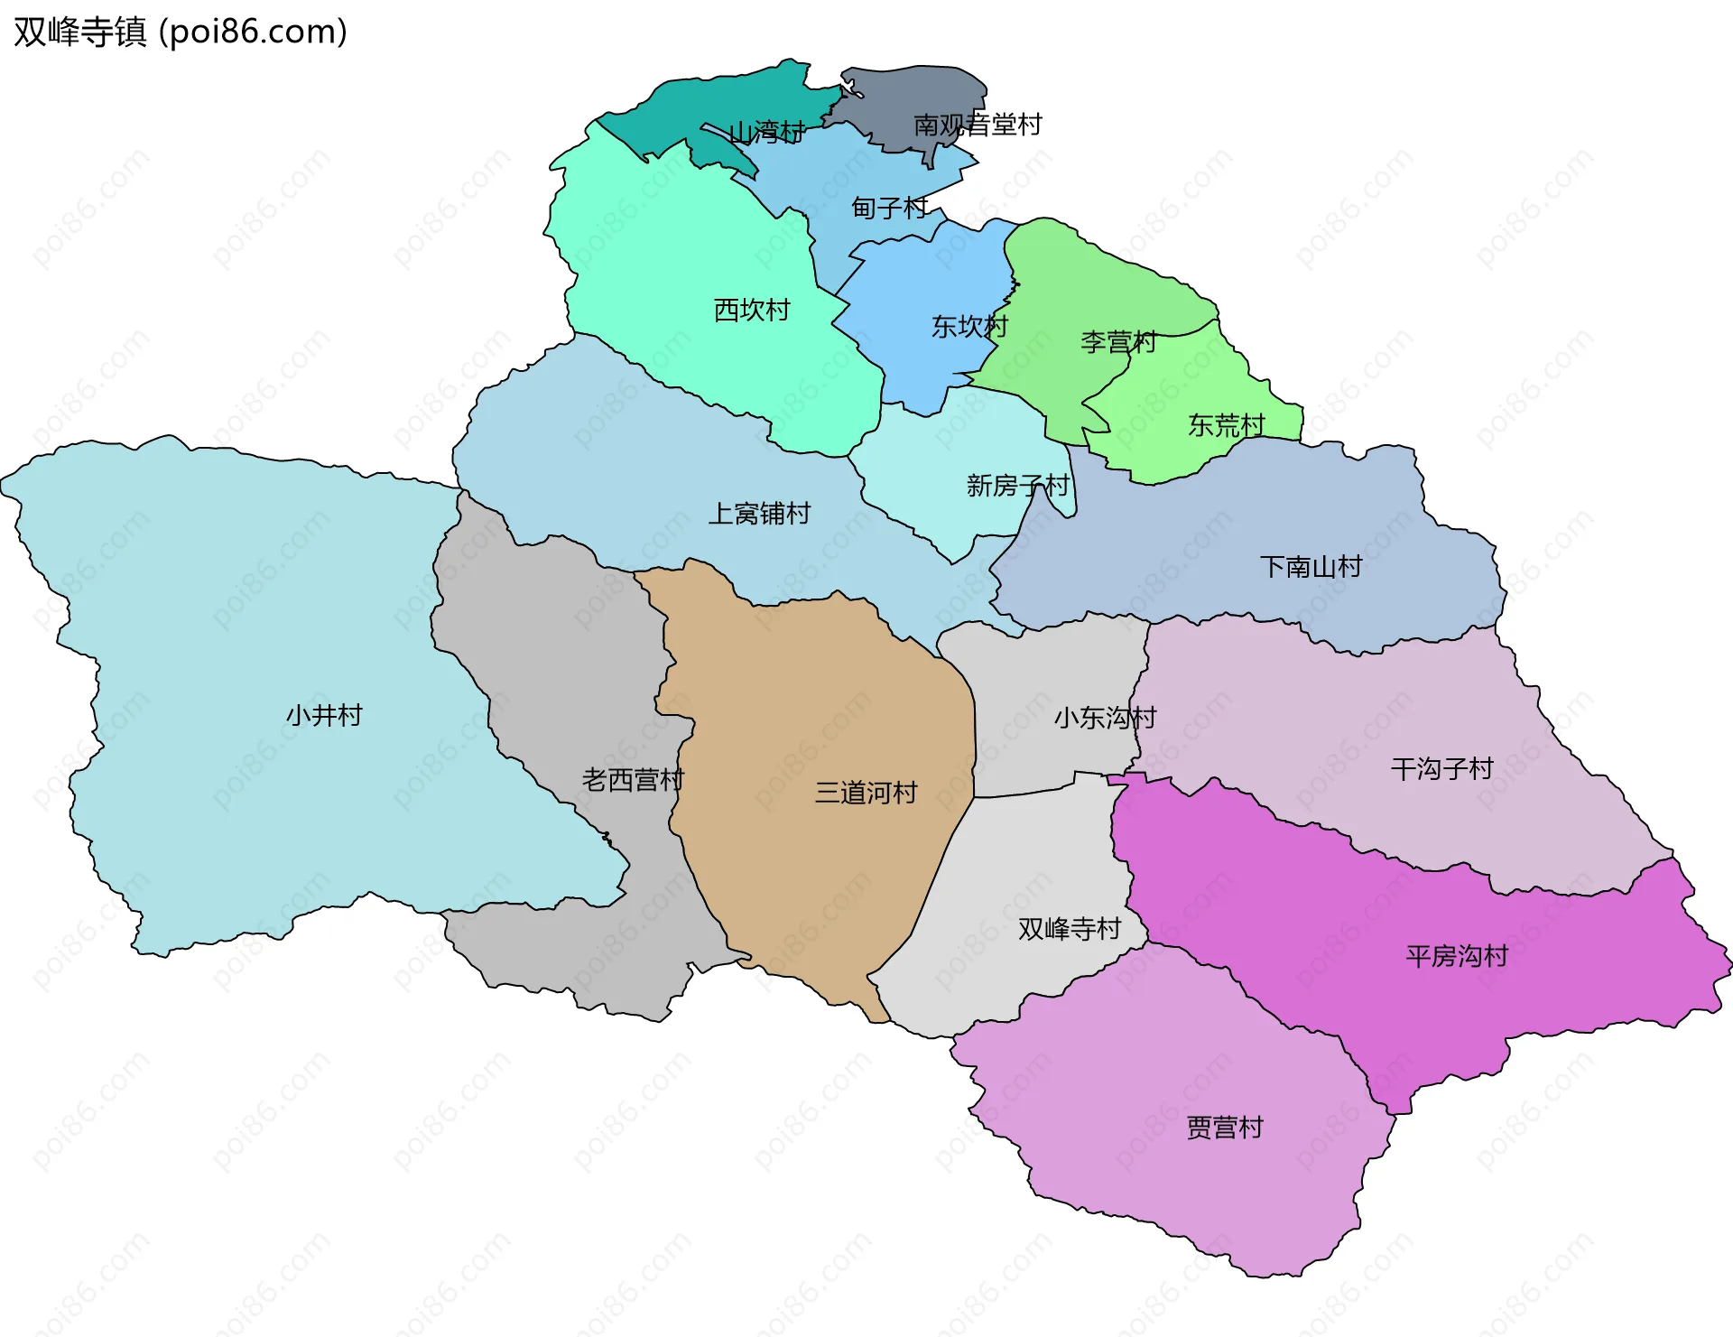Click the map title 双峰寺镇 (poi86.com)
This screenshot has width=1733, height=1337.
coord(181,32)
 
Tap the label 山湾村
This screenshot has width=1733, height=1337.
coord(766,133)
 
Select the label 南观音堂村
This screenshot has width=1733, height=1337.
coord(978,125)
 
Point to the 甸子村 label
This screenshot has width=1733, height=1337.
coord(889,209)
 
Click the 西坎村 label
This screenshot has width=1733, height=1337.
coord(752,310)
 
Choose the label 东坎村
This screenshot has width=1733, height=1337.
coord(969,326)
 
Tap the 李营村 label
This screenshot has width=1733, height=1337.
coord(1118,342)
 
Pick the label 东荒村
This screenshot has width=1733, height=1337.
coord(1226,425)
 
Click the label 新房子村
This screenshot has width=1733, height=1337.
coord(1017,486)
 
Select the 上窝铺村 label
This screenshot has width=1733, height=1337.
coord(759,514)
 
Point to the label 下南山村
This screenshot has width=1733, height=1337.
coord(1311,567)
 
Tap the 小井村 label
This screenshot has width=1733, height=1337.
coord(324,716)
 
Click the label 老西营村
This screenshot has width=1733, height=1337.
coord(633,780)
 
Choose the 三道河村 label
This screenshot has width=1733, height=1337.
coord(866,793)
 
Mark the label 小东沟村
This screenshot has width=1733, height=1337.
coord(1105,718)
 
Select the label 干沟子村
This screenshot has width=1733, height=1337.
coord(1441,769)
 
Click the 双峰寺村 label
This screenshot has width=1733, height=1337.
coord(1069,929)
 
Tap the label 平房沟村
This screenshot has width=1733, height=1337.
coord(1457,956)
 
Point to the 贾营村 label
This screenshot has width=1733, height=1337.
coord(1224,1128)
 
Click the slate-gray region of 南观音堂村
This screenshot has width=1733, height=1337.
coord(912,90)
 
